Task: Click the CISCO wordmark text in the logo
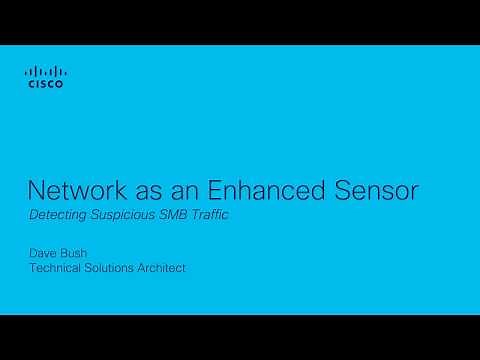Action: click(x=44, y=86)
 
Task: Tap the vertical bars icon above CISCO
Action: click(x=44, y=72)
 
